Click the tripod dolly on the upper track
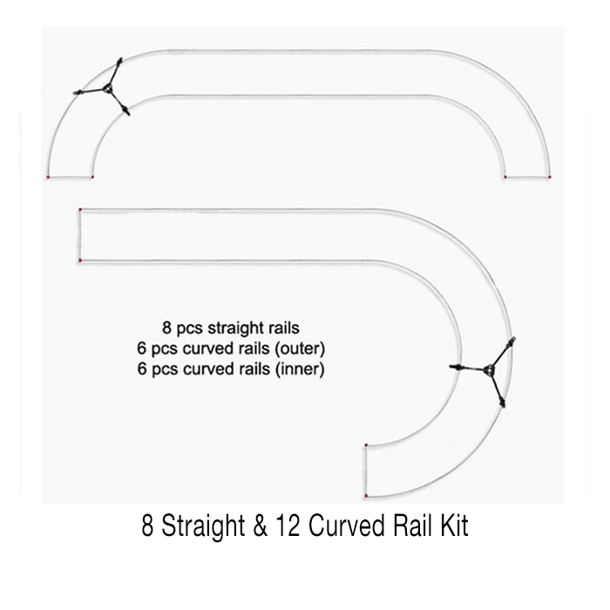click(x=104, y=89)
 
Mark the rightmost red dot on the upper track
click(x=551, y=177)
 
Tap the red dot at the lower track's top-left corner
click(x=80, y=210)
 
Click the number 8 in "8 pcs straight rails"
click(x=166, y=329)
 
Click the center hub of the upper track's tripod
click(x=105, y=89)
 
